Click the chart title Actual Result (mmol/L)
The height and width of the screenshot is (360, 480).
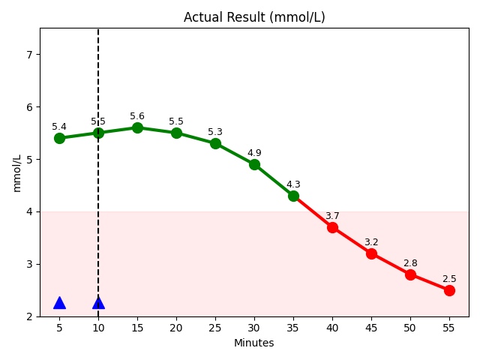(x=254, y=17)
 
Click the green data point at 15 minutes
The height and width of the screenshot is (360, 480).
(x=137, y=127)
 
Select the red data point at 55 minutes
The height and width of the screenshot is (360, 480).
(x=449, y=290)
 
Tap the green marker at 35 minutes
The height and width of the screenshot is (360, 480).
(x=293, y=196)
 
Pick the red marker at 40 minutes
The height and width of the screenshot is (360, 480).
(x=332, y=227)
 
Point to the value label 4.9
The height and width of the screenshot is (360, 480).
(x=254, y=154)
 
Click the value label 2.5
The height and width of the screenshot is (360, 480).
(x=449, y=279)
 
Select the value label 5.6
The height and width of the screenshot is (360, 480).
(x=137, y=116)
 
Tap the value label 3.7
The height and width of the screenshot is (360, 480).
(x=332, y=216)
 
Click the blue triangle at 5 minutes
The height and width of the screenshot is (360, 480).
(x=59, y=303)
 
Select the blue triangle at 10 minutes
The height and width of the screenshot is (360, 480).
(x=98, y=303)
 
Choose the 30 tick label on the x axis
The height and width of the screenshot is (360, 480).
(x=254, y=328)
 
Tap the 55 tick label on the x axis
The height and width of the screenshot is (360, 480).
(x=449, y=328)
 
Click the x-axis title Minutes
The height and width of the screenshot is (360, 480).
(x=254, y=343)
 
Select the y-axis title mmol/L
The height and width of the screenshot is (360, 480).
(x=17, y=172)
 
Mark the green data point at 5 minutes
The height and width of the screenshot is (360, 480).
(x=59, y=138)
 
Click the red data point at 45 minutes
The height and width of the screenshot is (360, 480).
(x=371, y=253)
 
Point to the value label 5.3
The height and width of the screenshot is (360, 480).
(x=215, y=132)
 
